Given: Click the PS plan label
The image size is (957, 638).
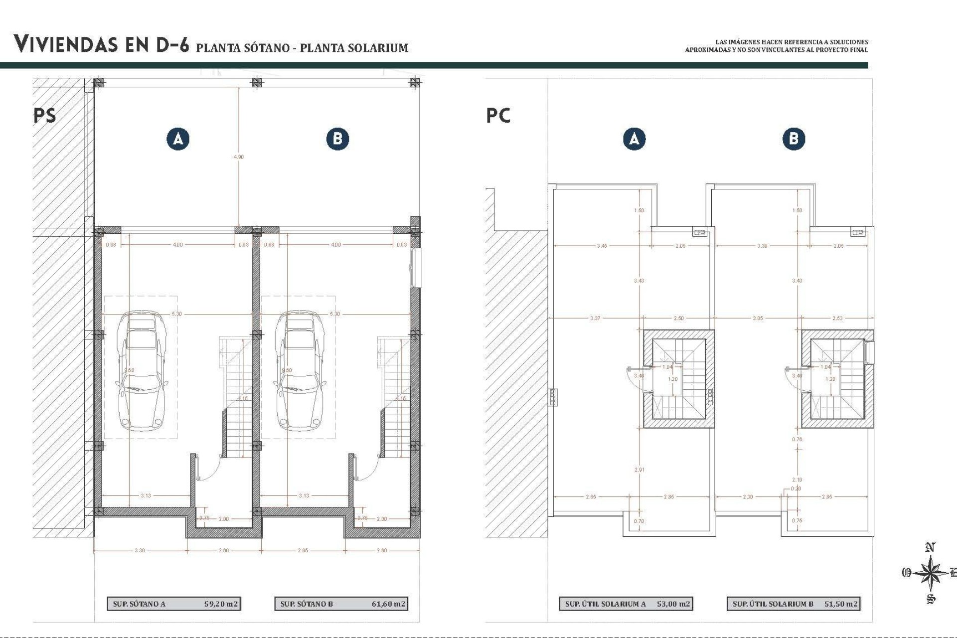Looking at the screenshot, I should tap(44, 116).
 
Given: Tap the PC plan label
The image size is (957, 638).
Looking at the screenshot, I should tap(498, 116).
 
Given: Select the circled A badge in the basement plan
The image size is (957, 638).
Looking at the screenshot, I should tap(178, 139).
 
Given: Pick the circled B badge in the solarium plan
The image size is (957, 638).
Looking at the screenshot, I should tap(794, 139).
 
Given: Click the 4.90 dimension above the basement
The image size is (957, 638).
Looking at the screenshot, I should tap(239, 157).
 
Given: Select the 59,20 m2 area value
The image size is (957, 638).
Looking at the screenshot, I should tap(221, 604).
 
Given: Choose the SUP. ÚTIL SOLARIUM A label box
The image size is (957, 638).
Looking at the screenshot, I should tap(605, 604).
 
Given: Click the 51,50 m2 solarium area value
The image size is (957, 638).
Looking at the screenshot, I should tap(841, 604).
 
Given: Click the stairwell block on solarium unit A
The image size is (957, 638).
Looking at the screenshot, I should tap(678, 379).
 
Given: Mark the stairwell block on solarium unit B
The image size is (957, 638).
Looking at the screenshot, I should tap(837, 379).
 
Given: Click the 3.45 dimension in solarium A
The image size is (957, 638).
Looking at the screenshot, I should tap(602, 246).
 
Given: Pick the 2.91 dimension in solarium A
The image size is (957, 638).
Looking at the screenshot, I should tap(639, 470).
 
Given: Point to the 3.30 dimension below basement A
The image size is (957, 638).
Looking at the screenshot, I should tap(140, 550).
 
